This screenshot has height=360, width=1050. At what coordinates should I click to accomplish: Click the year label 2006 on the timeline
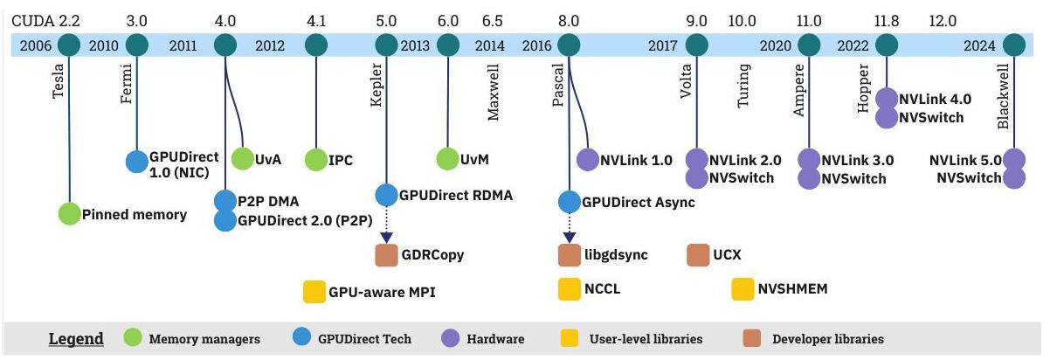pyautogui.click(x=36, y=45)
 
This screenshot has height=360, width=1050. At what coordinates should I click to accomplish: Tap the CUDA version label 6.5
pyautogui.click(x=492, y=21)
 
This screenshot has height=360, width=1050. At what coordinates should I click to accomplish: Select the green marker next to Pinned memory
pyautogui.click(x=69, y=214)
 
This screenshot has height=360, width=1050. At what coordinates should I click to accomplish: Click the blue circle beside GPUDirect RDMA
pyautogui.click(x=387, y=195)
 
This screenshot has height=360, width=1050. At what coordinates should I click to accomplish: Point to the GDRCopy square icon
pyautogui.click(x=387, y=255)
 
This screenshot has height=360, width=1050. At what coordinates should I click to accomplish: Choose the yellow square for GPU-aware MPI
pyautogui.click(x=314, y=292)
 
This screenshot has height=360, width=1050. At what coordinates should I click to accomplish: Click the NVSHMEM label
pyautogui.click(x=792, y=288)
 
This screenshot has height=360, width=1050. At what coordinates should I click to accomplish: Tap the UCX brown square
pyautogui.click(x=698, y=255)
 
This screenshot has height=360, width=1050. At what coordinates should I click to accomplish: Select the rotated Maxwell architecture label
pyautogui.click(x=493, y=93)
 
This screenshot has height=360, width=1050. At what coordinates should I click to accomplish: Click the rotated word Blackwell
pyautogui.click(x=1003, y=96)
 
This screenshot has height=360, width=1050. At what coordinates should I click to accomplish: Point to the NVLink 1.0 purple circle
pyautogui.click(x=588, y=159)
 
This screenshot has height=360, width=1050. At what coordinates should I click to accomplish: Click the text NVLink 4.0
pyautogui.click(x=935, y=100)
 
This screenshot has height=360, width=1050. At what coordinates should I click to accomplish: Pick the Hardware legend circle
pyautogui.click(x=451, y=338)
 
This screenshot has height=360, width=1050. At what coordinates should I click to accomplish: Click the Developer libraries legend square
pyautogui.click(x=752, y=338)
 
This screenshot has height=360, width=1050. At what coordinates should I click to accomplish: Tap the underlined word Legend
pyautogui.click(x=76, y=338)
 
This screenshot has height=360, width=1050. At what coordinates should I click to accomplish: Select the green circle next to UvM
pyautogui.click(x=447, y=159)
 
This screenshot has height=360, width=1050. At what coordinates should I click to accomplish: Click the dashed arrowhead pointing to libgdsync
pyautogui.click(x=569, y=237)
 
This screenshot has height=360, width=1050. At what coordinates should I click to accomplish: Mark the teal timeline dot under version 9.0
pyautogui.click(x=696, y=45)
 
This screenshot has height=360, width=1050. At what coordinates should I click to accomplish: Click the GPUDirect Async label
pyautogui.click(x=639, y=203)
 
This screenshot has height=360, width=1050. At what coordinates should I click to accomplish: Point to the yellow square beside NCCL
pyautogui.click(x=569, y=288)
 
